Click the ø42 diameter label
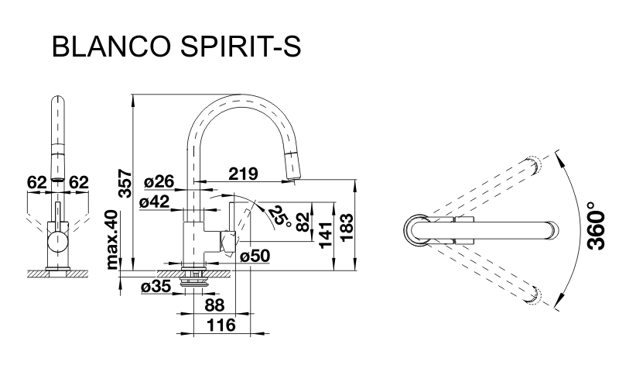pyautogui.click(x=156, y=203)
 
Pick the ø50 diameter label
pyautogui.click(x=254, y=257)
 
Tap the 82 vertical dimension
pyautogui.click(x=303, y=219)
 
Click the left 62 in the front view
pyautogui.click(x=36, y=183)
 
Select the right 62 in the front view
pyautogui.click(x=79, y=183)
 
